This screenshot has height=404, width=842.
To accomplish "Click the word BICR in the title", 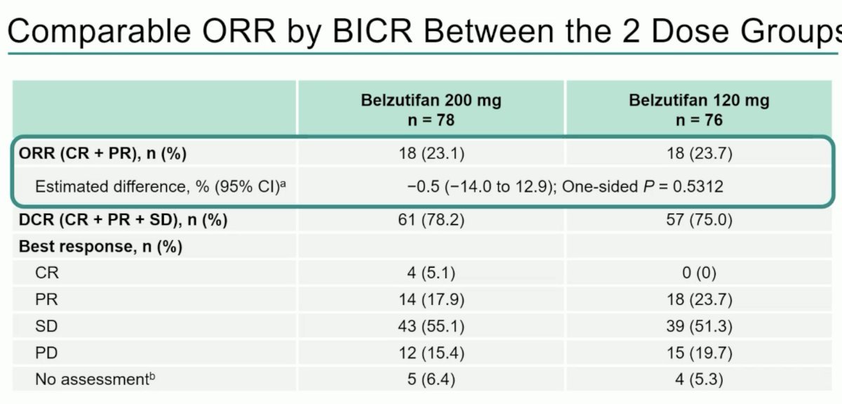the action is (372, 32).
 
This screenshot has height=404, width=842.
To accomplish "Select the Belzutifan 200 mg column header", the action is (431, 110).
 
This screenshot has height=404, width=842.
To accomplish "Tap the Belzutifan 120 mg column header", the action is (699, 110).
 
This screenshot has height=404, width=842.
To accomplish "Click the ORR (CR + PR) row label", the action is (102, 154).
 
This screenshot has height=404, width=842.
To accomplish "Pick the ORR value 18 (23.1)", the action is (432, 154).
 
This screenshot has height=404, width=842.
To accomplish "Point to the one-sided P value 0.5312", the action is (697, 187).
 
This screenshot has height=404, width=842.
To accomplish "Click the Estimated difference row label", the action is (161, 187).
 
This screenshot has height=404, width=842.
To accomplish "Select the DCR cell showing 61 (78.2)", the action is (432, 220).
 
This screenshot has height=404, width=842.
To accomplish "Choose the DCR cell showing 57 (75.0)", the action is (700, 220).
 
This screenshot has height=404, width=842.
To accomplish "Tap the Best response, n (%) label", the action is (101, 247).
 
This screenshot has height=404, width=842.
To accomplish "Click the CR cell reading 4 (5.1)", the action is (431, 273).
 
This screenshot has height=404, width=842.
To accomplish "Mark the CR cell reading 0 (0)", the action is (700, 273).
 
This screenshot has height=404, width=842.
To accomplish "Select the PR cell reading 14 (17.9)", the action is (432, 300).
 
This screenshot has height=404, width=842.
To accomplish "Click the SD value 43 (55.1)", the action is (432, 326).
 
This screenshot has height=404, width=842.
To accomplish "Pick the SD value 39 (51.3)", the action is (700, 326).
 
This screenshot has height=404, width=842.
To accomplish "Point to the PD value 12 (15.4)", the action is (432, 353).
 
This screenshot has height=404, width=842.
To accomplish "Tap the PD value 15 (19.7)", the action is (700, 353).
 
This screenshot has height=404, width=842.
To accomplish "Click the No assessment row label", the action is (95, 379).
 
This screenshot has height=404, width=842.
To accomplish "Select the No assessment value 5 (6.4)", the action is (431, 379).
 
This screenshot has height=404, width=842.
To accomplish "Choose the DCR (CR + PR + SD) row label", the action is (123, 220).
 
